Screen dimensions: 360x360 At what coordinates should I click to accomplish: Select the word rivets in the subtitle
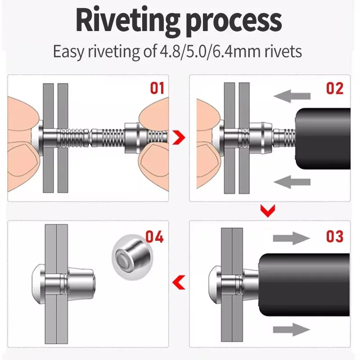click(283, 52)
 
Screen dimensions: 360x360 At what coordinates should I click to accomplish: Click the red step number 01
click(157, 88)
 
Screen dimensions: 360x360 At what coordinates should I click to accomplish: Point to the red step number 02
click(335, 88)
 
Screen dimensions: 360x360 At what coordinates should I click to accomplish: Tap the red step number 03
click(335, 236)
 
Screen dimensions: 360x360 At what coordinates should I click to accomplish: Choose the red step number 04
click(154, 237)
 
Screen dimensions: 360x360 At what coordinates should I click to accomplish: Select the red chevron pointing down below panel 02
click(268, 211)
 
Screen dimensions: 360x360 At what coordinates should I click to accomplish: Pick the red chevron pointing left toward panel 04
click(179, 282)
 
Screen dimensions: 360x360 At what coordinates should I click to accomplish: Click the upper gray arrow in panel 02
click(292, 96)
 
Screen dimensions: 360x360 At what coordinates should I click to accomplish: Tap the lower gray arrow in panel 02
click(292, 182)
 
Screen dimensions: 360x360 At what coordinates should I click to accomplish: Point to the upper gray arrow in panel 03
click(291, 238)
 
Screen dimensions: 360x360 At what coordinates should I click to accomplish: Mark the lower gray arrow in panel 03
click(291, 329)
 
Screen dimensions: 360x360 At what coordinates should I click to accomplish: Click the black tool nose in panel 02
click(323, 139)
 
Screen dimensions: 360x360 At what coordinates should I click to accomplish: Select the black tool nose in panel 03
click(304, 285)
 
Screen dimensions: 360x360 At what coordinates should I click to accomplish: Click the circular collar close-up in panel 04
click(132, 257)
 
